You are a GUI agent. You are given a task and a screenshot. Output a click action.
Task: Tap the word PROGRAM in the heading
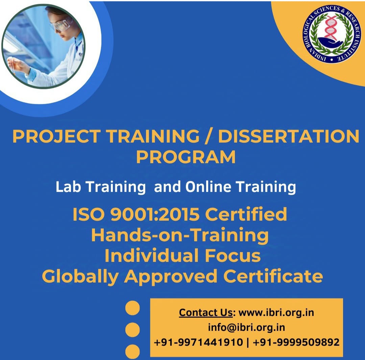point(186,157)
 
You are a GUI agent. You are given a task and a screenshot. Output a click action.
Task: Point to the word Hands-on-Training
point(180,235)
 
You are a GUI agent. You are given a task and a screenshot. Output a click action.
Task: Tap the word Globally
point(80,277)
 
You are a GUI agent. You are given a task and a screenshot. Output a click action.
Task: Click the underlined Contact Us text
point(205,312)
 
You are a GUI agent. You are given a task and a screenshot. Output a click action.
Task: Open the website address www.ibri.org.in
point(276,312)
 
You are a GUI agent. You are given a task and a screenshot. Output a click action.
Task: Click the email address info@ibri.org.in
point(246,327)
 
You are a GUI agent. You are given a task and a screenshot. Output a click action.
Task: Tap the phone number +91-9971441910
point(198,342)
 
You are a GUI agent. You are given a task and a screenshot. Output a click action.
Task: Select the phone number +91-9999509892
point(296,342)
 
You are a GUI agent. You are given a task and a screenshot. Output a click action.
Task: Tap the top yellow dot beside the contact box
point(132,308)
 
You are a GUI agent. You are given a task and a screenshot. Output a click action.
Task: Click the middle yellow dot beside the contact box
point(132,330)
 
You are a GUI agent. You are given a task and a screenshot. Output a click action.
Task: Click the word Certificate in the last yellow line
point(273,277)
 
